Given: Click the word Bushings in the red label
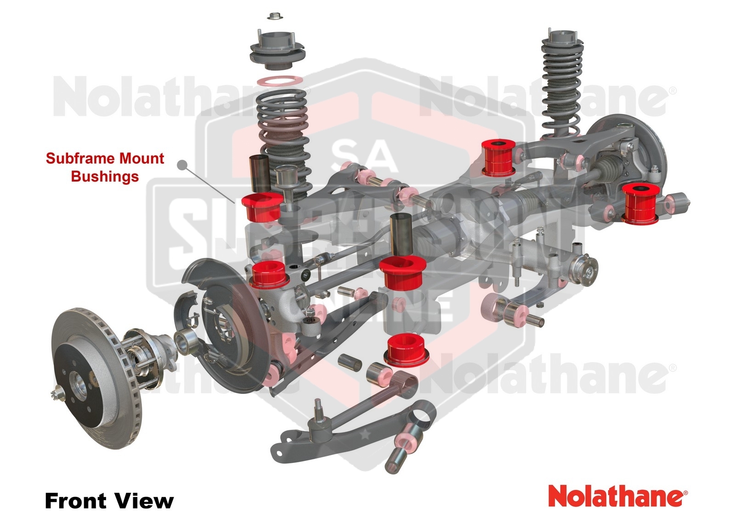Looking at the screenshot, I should tap(105, 177).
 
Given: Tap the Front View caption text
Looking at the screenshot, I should tap(109, 501).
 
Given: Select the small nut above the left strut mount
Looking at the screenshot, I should tap(274, 16).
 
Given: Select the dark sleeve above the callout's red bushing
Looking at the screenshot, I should tap(259, 174).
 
